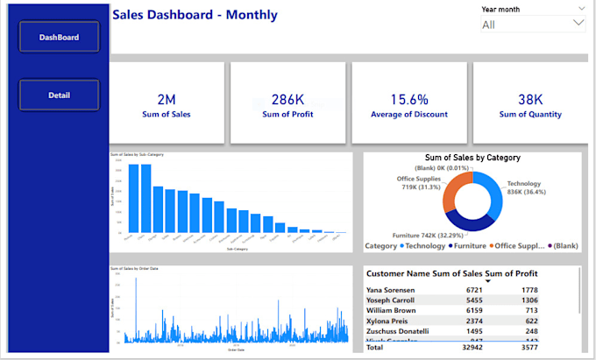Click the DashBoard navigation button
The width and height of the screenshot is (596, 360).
(x=60, y=38)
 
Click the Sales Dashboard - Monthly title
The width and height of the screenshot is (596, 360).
(x=195, y=15)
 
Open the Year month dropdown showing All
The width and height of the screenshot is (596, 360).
(x=532, y=25)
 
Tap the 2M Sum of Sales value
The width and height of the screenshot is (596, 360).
(x=167, y=99)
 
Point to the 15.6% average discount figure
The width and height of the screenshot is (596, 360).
(x=408, y=99)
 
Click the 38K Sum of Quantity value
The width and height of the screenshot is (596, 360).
(x=530, y=99)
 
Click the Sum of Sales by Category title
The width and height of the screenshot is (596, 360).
(x=472, y=158)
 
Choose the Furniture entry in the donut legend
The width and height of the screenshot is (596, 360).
(x=472, y=245)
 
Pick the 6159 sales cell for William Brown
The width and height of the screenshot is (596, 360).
(x=495, y=310)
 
